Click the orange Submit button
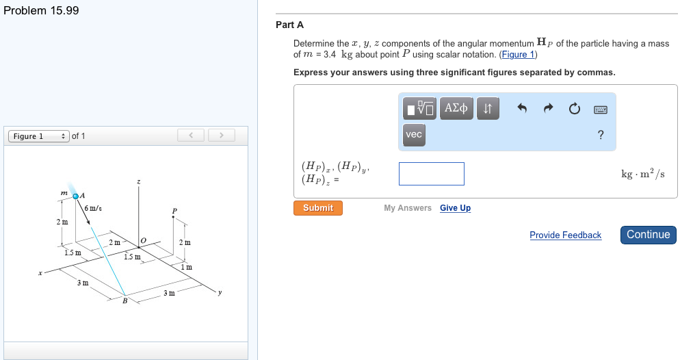point(318,208)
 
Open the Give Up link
point(455,208)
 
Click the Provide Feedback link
point(565,235)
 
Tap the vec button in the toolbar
point(414,135)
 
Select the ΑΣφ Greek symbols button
point(456,108)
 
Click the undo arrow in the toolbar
point(523,109)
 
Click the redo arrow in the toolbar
point(549,109)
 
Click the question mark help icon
point(601,135)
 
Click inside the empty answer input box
point(432,174)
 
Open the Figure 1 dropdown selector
point(38,136)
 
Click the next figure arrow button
point(222,136)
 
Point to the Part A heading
point(289,25)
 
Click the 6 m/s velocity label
point(94,208)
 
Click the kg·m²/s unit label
point(642,174)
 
